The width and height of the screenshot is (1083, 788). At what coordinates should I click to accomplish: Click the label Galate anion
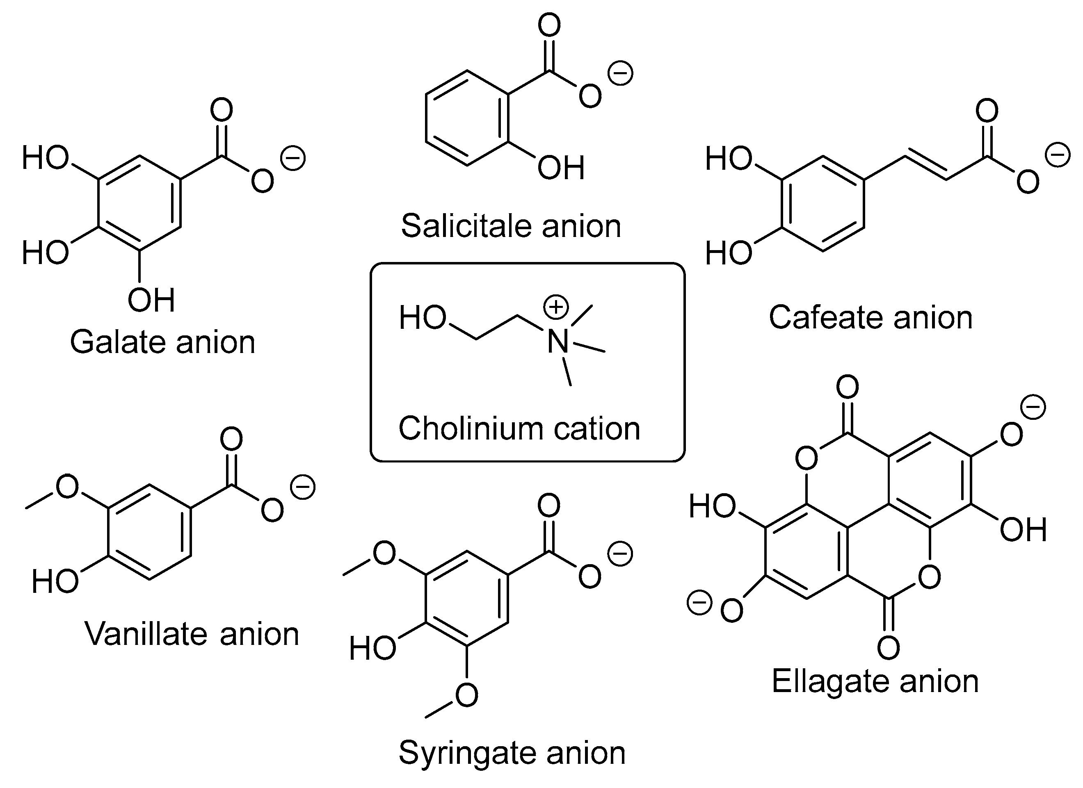162,342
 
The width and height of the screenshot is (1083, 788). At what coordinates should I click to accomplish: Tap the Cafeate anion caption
871,317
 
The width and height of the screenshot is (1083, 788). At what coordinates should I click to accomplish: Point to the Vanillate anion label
192,634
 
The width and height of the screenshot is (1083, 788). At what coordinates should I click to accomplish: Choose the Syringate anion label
512,753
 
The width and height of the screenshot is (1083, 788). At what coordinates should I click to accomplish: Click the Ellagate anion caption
875,681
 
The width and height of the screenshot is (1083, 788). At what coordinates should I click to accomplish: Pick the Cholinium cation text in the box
519,428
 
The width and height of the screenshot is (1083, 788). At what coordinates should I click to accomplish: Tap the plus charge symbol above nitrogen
556,307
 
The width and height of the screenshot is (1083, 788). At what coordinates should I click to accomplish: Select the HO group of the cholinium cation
423,318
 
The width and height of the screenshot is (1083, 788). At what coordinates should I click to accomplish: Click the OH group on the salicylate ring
561,168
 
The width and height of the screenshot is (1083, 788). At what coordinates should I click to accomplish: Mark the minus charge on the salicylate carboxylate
620,73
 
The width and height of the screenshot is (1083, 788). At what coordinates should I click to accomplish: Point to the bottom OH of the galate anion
151,300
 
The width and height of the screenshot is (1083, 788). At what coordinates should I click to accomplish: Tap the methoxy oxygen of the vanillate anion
67,487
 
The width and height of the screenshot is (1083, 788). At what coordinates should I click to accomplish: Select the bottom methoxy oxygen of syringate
466,695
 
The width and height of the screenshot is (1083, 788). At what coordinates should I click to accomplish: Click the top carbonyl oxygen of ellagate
848,387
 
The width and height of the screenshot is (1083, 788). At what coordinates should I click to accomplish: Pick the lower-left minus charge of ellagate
699,603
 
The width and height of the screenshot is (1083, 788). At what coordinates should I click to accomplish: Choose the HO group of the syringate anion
372,648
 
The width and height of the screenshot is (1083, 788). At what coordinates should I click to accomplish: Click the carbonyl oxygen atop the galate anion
222,110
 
